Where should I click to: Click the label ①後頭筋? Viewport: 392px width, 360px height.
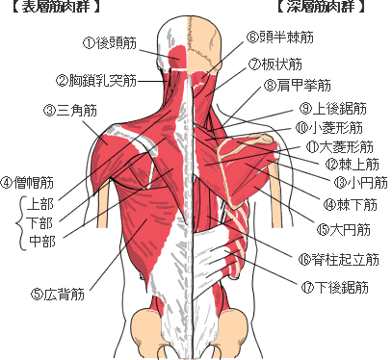[112, 42]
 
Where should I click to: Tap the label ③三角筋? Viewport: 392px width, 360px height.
[70, 110]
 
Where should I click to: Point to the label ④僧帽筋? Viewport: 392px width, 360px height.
[27, 181]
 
